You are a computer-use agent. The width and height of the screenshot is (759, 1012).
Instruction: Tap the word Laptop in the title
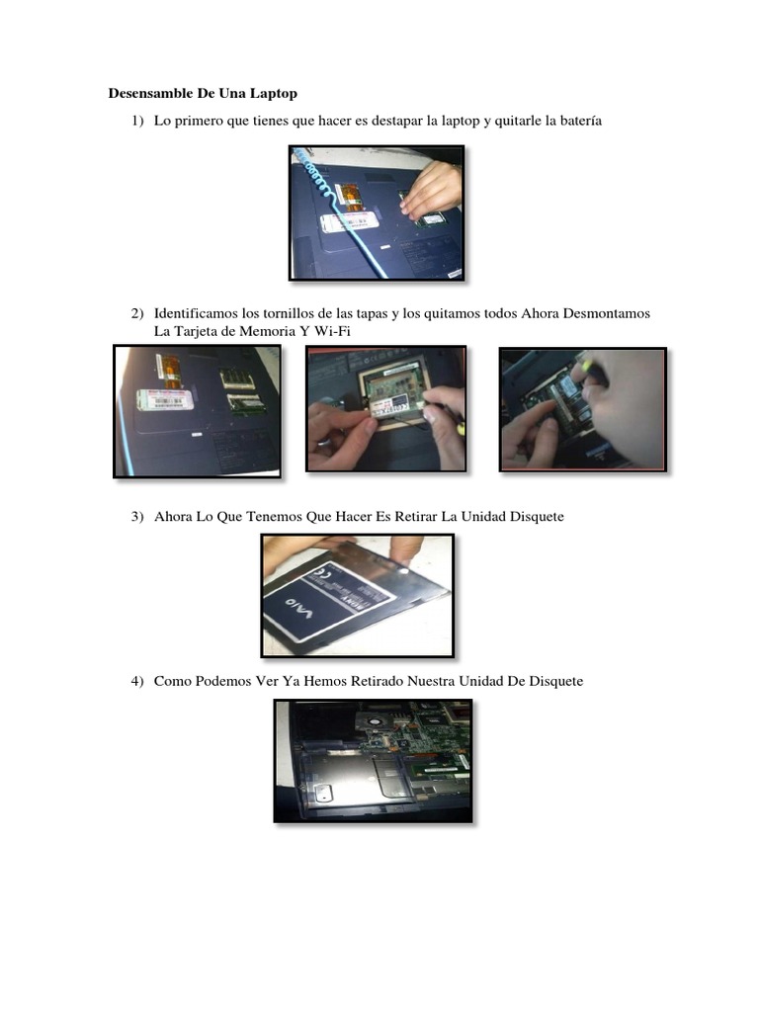coord(273,94)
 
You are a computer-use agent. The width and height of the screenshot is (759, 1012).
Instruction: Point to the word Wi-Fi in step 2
coord(332,331)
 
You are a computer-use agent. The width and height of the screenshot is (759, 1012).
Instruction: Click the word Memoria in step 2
coord(270,331)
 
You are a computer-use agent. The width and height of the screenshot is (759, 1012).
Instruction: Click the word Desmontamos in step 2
coord(607,313)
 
